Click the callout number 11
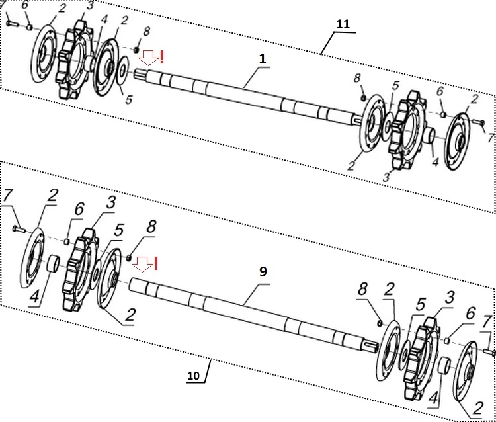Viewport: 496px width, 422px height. click(343, 24)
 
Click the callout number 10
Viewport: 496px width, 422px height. click(193, 376)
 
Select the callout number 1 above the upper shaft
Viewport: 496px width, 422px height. click(263, 59)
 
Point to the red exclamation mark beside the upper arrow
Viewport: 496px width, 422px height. click(162, 57)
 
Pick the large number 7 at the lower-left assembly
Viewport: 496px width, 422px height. click(9, 196)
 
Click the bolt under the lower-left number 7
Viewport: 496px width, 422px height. click(19, 228)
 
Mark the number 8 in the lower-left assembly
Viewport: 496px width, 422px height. click(151, 226)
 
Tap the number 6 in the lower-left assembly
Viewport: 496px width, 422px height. click(79, 209)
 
